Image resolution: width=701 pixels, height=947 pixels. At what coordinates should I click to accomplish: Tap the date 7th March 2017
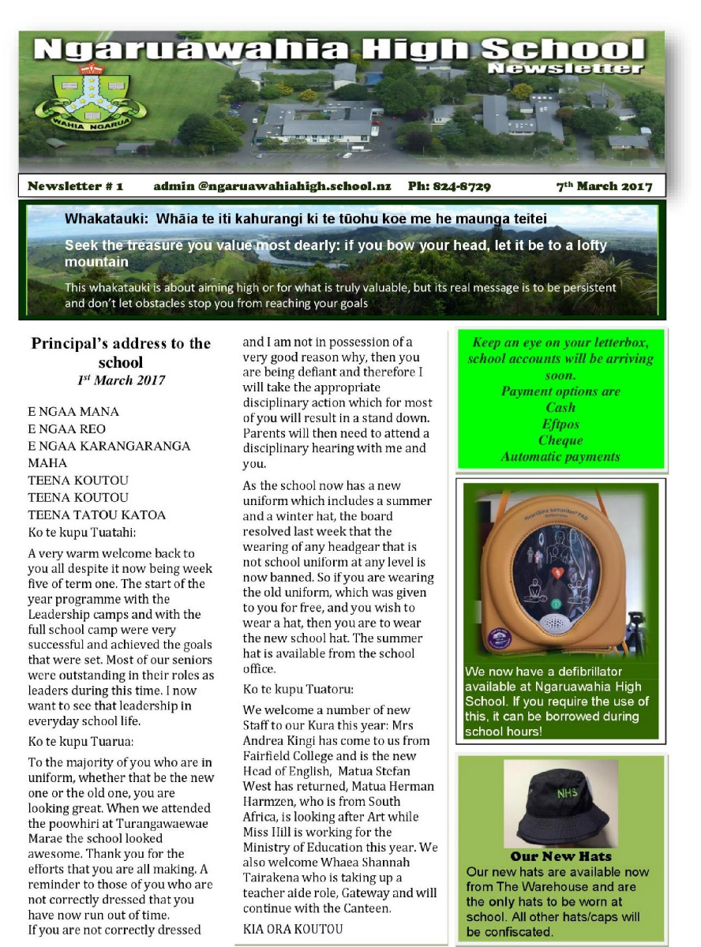coord(604,186)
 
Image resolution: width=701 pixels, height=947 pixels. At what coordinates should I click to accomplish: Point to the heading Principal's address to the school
coord(121,353)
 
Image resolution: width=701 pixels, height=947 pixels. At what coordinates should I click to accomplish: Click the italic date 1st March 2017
coord(121,380)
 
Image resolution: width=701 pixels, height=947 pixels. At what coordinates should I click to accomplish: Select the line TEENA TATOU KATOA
coord(97,515)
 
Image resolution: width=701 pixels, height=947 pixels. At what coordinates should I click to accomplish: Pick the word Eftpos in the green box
coord(560,424)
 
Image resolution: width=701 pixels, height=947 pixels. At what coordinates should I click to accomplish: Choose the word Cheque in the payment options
coord(560,440)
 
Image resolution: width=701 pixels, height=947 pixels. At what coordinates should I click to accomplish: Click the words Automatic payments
coord(560,456)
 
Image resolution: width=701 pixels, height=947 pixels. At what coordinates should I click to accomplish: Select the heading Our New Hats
coord(560,856)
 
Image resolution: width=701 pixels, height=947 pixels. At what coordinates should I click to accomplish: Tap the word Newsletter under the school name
coord(564,69)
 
